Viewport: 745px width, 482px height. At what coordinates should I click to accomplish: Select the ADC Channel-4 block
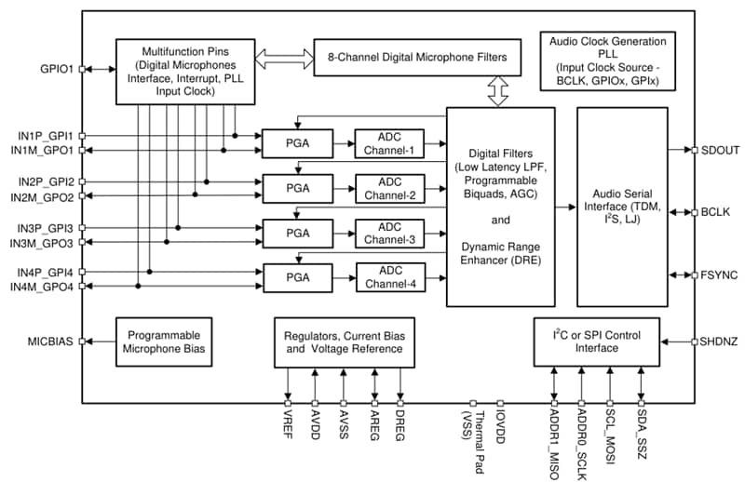pyautogui.click(x=389, y=276)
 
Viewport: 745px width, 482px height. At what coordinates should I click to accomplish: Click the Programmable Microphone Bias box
pyautogui.click(x=164, y=341)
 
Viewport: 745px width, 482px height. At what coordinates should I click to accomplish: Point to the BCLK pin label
pyautogui.click(x=716, y=212)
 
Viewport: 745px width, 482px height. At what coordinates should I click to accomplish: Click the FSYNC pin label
pyautogui.click(x=718, y=275)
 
